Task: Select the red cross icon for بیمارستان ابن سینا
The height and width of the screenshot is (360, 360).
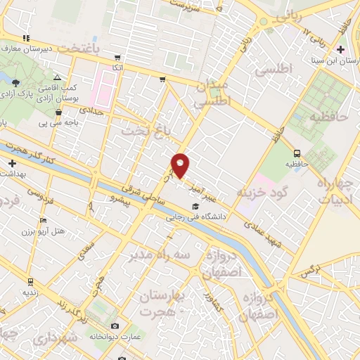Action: (x=341, y=49)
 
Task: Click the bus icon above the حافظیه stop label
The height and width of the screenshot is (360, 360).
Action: (x=297, y=153)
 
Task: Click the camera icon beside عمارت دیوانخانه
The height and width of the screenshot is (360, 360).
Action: (x=115, y=326)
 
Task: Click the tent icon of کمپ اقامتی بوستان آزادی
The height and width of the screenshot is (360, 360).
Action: (x=56, y=78)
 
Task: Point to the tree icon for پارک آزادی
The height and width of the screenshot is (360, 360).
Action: (x=15, y=83)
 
